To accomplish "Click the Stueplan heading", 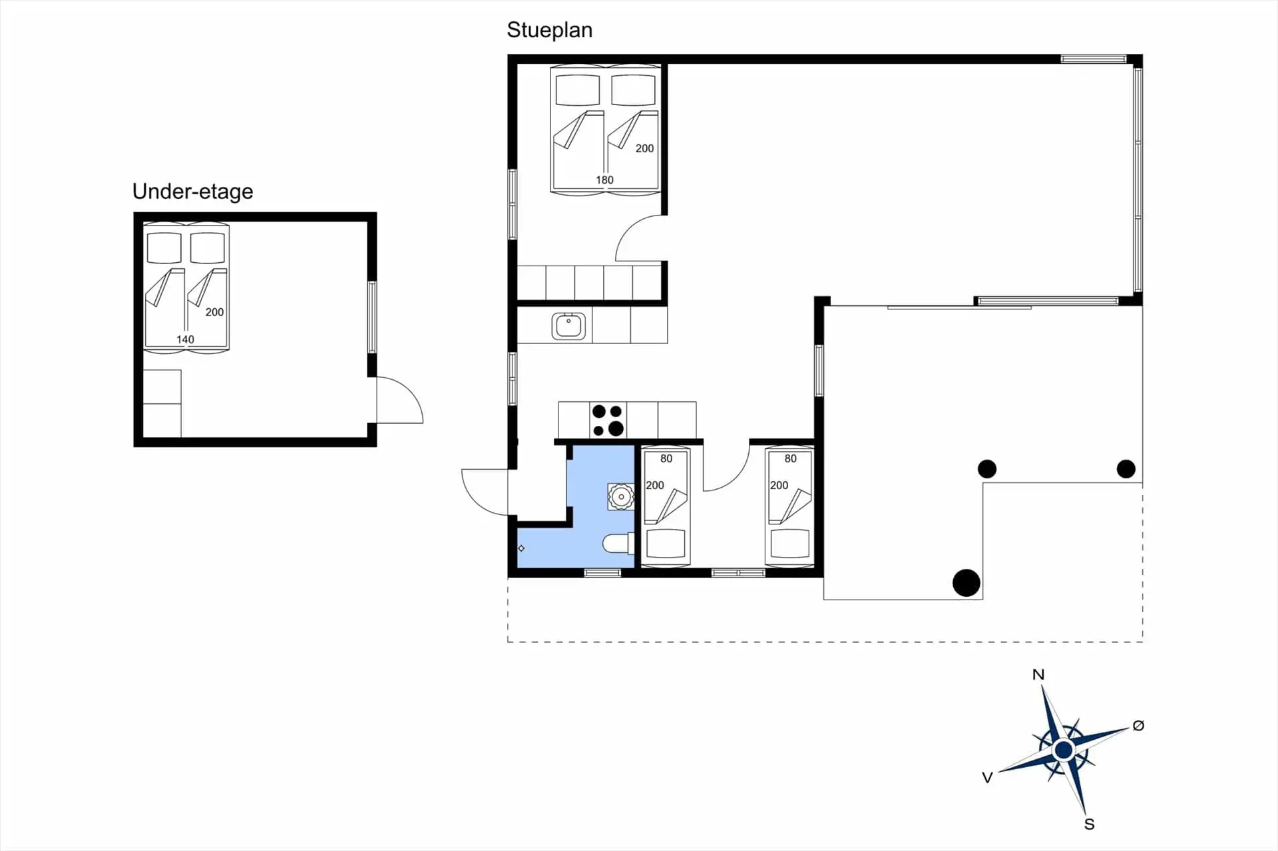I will click(x=549, y=30).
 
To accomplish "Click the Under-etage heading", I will click(x=192, y=192).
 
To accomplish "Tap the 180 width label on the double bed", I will click(x=604, y=180).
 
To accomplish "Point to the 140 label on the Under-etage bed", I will click(x=185, y=339).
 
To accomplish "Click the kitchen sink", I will click(x=568, y=326).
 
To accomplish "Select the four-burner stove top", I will click(x=608, y=421).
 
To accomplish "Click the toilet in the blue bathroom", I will click(x=618, y=544).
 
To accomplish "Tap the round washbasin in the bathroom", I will click(x=621, y=496).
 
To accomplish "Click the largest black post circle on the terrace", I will click(x=966, y=583).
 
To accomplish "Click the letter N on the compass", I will click(x=1038, y=675).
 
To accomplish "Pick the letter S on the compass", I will click(x=1089, y=824).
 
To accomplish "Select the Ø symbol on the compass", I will click(x=1138, y=726).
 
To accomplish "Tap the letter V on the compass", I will click(x=987, y=777).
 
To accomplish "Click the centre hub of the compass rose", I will click(x=1064, y=751).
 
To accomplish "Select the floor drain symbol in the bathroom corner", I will click(x=521, y=548).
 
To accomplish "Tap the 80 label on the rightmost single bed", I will click(x=790, y=458).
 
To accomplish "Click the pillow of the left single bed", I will click(x=666, y=543).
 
